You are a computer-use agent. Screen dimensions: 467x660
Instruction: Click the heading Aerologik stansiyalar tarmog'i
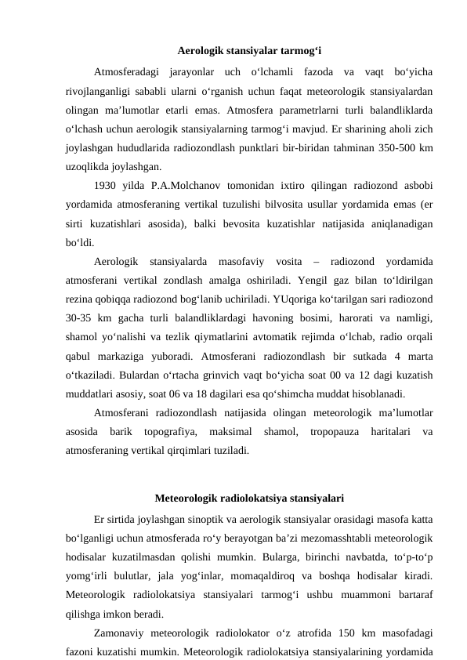pyautogui.click(x=233, y=53)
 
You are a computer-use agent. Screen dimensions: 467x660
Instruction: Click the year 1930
pyautogui.click(x=106, y=185)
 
